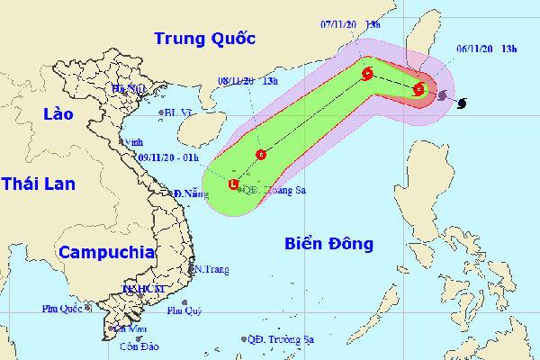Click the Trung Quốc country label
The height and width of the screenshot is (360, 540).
tap(205, 39)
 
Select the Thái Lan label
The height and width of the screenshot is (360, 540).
tap(39, 183)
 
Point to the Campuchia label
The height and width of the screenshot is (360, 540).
tap(105, 249)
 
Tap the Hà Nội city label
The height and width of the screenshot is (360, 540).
tap(128, 88)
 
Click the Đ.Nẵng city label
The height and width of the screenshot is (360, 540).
tap(191, 193)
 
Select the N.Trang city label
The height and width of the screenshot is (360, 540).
tap(212, 269)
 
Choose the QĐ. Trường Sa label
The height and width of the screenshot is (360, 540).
tap(286, 339)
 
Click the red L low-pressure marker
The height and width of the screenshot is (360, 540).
tap(234, 185)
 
